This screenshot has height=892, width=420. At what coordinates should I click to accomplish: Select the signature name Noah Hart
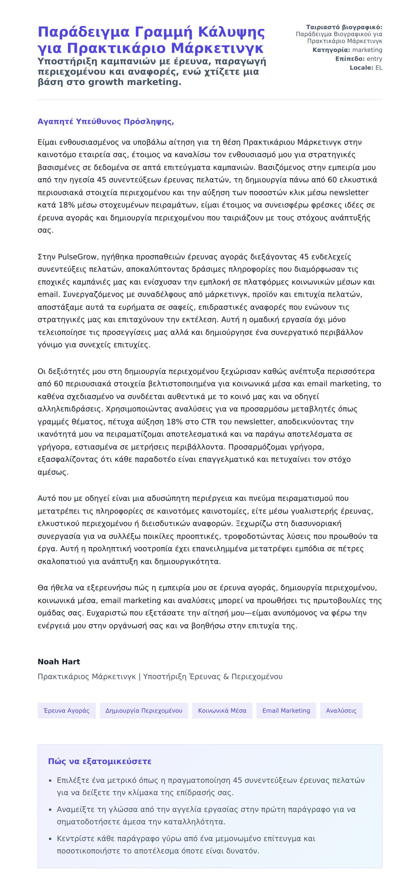[59, 661]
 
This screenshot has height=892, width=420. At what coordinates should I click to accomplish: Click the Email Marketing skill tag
[286, 710]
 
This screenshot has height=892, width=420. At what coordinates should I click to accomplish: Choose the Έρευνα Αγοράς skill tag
[66, 710]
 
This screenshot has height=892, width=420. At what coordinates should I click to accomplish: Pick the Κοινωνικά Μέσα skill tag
[222, 710]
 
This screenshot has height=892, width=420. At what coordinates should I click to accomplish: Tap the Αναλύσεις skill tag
[341, 710]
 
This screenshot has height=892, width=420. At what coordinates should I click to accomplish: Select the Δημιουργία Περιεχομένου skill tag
[144, 710]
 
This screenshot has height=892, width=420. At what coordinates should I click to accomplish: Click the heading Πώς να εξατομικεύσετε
[100, 762]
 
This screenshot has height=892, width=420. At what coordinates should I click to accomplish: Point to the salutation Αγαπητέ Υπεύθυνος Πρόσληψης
[106, 121]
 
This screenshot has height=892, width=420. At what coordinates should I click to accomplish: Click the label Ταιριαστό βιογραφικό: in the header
[344, 27]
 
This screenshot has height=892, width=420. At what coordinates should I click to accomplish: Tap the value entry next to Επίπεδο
[374, 59]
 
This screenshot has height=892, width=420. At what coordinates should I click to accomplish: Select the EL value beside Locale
[379, 68]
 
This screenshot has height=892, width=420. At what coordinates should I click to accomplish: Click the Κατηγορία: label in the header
[331, 50]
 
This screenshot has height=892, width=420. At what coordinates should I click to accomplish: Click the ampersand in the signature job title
[226, 677]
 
